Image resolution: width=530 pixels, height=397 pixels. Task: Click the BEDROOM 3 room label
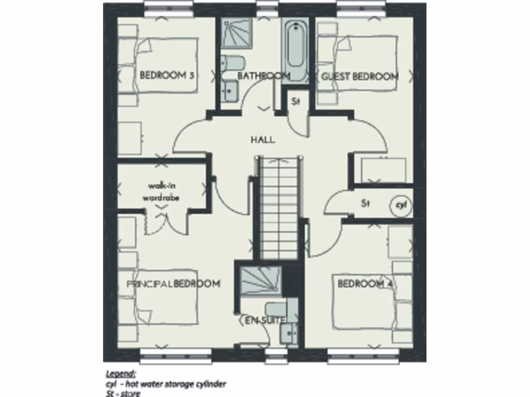[167, 75]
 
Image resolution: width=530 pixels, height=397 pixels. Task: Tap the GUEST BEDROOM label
[360, 77]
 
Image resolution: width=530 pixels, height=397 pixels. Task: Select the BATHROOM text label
[263, 76]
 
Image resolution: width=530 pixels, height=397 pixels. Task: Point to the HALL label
[262, 140]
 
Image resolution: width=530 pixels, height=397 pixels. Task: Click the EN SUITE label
[264, 320]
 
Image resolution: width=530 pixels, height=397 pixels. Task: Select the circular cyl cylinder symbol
[401, 205]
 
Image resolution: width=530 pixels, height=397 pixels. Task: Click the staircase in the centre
[278, 207]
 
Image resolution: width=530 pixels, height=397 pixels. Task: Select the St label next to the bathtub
[295, 102]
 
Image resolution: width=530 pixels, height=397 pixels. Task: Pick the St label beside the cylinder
[366, 204]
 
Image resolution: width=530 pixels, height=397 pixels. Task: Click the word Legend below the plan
[121, 373]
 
